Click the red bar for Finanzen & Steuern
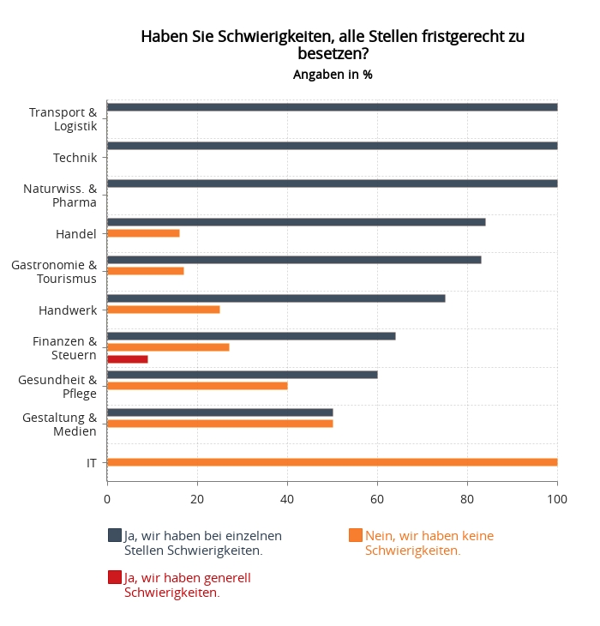coord(128,359)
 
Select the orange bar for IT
coord(332,462)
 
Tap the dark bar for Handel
coord(296,222)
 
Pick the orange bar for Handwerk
coord(163,310)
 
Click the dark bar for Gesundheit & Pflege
coord(242,375)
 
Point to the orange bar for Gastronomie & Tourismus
coord(145,271)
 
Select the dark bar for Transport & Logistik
coord(332,107)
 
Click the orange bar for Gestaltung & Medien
coord(219,424)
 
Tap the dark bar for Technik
coord(332,146)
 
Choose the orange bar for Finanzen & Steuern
coord(168,347)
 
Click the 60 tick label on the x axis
coord(377,499)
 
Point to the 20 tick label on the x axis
coord(197,499)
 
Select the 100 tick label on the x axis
coord(557,499)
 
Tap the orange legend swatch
coord(356,536)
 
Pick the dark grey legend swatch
coord(115,536)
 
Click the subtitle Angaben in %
coord(333,75)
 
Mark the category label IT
coord(91,462)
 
